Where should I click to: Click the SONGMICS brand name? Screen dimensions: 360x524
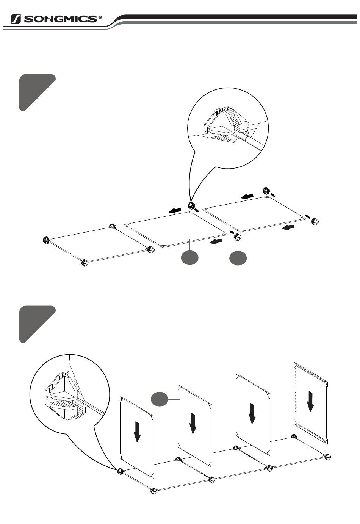[60, 19]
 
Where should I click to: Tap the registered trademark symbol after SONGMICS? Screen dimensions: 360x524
[100, 17]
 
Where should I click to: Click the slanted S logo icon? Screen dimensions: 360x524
[16, 19]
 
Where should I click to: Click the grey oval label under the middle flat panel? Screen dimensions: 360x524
[190, 258]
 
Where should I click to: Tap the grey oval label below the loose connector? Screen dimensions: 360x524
[238, 258]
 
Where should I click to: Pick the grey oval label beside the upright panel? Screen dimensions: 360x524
[160, 399]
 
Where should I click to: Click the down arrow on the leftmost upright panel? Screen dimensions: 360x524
[137, 432]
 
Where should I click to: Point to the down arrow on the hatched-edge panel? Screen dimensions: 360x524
[310, 401]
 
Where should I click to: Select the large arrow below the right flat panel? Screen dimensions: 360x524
[288, 227]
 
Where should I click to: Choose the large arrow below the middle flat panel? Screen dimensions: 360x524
[216, 241]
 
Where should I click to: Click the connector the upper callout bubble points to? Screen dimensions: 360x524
[191, 206]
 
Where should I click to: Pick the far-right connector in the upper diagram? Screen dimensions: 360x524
[316, 221]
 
